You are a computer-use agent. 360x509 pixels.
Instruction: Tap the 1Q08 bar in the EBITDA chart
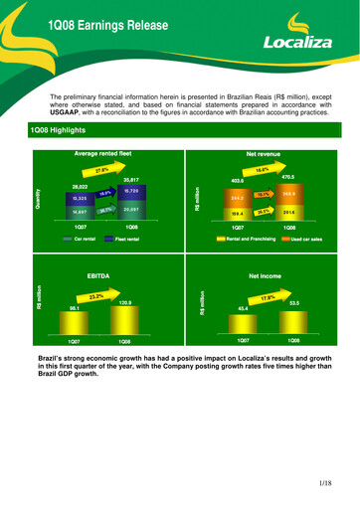coord(124,319)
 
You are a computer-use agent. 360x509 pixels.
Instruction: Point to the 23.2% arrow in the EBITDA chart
coord(96,296)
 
